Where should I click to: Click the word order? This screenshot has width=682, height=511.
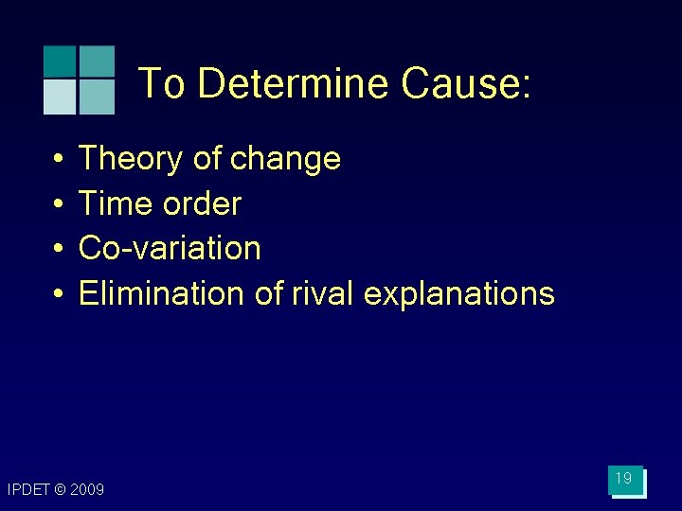[200, 203]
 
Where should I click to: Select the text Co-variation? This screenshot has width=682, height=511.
[170, 248]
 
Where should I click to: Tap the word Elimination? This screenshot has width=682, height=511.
[162, 293]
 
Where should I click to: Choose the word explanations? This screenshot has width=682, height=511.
[458, 294]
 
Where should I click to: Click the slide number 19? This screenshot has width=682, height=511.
[623, 479]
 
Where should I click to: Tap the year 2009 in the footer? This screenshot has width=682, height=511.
[88, 489]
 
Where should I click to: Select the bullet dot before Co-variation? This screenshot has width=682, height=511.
[58, 249]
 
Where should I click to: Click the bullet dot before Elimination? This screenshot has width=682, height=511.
[58, 294]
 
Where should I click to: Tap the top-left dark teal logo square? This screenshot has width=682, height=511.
[59, 62]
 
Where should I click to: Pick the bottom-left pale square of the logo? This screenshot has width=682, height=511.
[59, 97]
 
